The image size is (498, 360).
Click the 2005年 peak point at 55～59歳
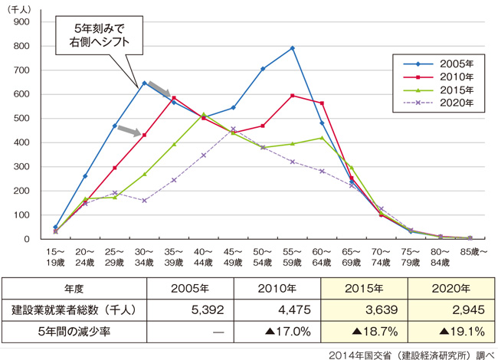click(x=292, y=48)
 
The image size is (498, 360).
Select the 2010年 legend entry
click(x=440, y=77)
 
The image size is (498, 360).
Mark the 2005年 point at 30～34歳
click(x=144, y=83)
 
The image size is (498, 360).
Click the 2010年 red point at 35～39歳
click(x=174, y=98)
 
